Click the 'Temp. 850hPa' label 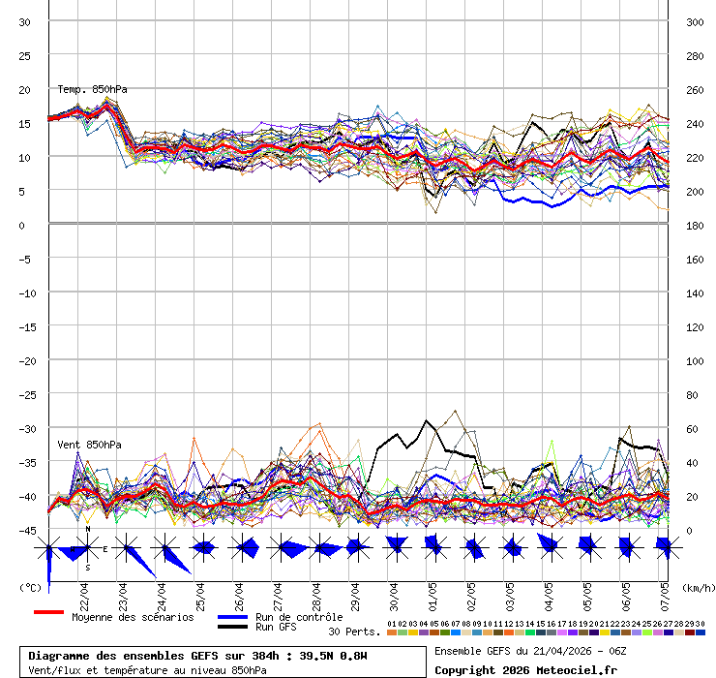click(x=92, y=90)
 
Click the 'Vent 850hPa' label click(x=89, y=445)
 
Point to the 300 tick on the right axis click(x=695, y=22)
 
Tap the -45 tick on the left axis click(x=24, y=530)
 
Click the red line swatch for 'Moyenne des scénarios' click(x=48, y=612)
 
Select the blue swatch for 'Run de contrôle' click(x=232, y=616)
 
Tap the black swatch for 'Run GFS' click(x=232, y=627)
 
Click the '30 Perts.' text click(x=354, y=632)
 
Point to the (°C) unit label click(x=30, y=587)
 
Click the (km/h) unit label click(x=697, y=587)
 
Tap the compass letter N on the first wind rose click(x=87, y=529)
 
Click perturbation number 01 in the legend click(x=391, y=624)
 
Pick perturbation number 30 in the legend click(x=700, y=624)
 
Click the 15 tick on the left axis click(x=25, y=124)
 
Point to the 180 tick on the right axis click(x=695, y=226)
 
